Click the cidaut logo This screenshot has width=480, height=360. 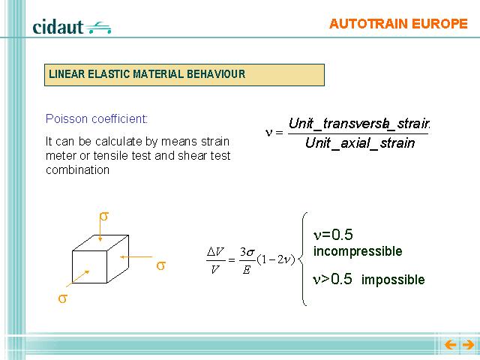(72, 27)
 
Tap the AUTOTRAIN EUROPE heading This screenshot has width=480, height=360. (398, 24)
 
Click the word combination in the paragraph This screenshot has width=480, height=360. (77, 169)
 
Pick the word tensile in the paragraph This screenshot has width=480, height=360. (112, 155)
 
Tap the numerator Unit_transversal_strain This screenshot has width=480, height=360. (359, 123)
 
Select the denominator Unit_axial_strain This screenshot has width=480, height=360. (360, 143)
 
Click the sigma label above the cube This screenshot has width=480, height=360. (104, 217)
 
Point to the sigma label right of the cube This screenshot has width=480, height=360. (161, 265)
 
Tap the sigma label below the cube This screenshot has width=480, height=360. (62, 298)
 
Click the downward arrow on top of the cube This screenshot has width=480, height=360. (100, 231)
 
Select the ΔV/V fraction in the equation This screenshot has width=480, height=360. (215, 260)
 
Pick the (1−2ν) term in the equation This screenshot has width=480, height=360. (276, 259)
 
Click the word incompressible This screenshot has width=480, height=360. (358, 251)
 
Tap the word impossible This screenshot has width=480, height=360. (393, 280)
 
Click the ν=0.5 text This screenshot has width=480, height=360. (333, 235)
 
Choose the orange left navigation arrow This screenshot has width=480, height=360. (450, 345)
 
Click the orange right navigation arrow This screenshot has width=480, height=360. (468, 345)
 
